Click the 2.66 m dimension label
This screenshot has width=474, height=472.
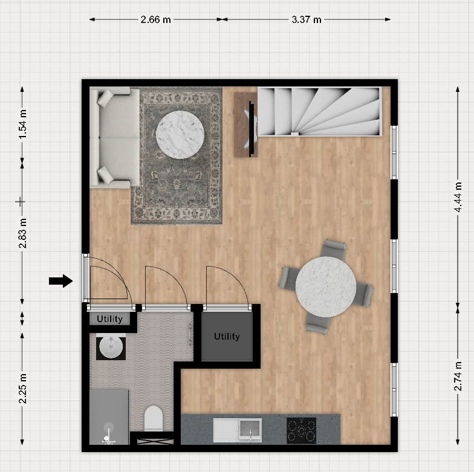point(156,19)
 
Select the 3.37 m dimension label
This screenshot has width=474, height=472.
point(306,19)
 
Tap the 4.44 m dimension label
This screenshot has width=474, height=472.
point(458,197)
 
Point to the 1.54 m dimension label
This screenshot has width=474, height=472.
point(23,124)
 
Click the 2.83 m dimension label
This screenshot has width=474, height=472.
point(23,233)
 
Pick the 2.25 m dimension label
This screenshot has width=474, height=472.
point(23,388)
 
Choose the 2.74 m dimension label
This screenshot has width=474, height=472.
point(458,376)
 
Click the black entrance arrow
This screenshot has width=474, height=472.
point(60,281)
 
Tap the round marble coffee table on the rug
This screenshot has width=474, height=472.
point(180,135)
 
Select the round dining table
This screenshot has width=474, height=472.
point(326,286)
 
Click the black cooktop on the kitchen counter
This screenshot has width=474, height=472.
point(301,430)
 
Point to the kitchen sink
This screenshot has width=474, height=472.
point(237,430)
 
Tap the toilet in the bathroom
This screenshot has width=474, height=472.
point(154,418)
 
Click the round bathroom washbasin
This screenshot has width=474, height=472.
point(111,348)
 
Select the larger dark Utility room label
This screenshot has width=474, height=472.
point(227,336)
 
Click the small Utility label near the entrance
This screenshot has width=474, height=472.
point(110,319)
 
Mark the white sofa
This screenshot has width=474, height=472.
point(115,138)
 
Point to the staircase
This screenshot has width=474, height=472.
point(320,112)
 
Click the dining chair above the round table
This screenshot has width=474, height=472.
point(333,250)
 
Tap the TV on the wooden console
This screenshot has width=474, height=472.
point(250,129)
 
